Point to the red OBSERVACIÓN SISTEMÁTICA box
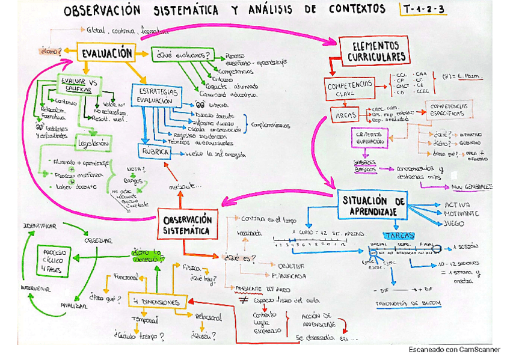(x=188, y=224)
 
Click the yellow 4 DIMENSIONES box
(x=158, y=301)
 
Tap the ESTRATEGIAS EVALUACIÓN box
(x=155, y=96)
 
